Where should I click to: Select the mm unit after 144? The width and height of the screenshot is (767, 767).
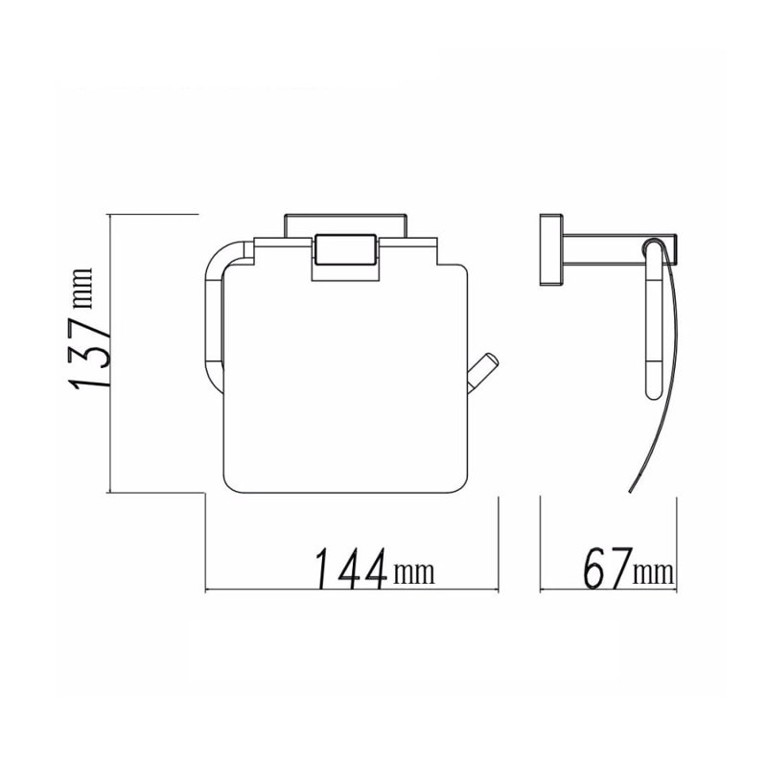click(413, 574)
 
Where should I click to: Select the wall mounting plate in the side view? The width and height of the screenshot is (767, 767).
click(550, 248)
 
